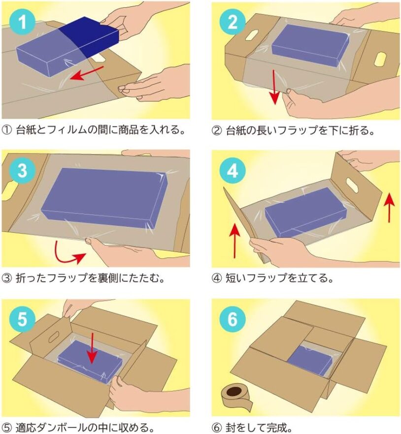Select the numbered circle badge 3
23,170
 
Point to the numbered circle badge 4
233,170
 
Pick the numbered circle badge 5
23,319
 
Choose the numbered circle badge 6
233,319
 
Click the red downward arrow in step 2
274,87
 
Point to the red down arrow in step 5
92,348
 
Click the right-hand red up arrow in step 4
390,208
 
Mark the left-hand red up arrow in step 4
234,241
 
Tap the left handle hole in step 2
251,35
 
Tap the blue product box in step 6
310,360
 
